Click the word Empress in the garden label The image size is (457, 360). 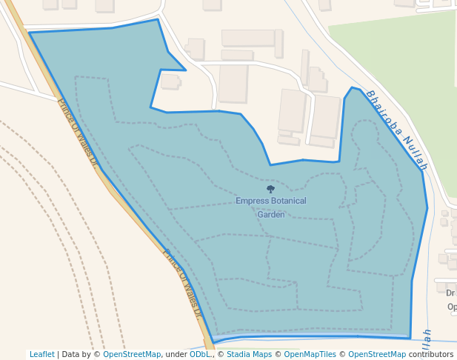(250, 201)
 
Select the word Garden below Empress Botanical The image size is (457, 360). (270, 214)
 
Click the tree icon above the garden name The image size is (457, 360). (270, 190)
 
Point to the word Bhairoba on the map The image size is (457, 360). (384, 115)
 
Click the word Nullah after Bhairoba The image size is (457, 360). (416, 155)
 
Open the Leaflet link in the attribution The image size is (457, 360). (41, 354)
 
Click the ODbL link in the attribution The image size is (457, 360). (199, 354)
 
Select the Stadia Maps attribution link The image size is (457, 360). (250, 354)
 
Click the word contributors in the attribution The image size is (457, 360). (430, 354)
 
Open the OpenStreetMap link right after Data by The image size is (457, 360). (131, 354)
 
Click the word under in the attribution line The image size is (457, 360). (176, 354)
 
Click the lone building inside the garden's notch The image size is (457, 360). (170, 81)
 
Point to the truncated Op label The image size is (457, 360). (451, 307)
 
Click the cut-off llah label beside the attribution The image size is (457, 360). (427, 339)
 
